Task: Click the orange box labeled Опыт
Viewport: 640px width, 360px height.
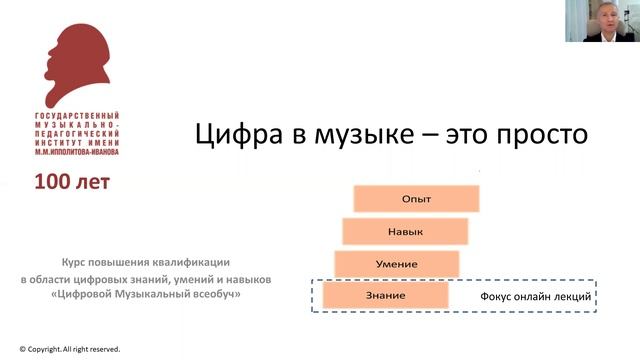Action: coord(415,198)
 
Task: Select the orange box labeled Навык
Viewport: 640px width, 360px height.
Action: coord(405,232)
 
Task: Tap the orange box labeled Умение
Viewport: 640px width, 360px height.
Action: coord(397,265)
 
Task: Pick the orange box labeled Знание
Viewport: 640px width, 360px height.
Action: coord(386,296)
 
